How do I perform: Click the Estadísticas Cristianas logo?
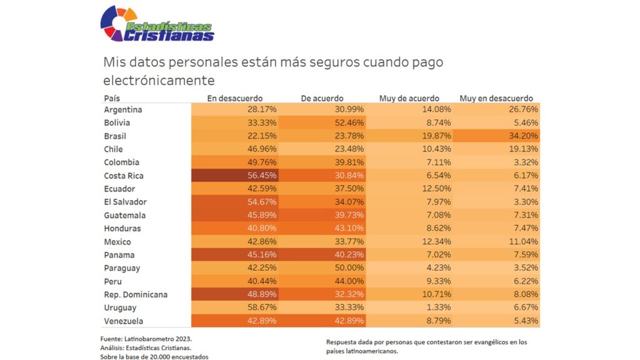click(x=157, y=24)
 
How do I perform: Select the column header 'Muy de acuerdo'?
click(x=409, y=99)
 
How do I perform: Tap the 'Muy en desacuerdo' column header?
click(x=496, y=99)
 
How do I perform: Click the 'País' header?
click(x=112, y=99)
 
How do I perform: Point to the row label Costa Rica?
click(x=124, y=176)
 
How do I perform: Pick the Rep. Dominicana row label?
click(x=136, y=294)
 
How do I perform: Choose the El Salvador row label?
click(x=125, y=202)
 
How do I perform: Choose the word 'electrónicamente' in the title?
click(x=159, y=81)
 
